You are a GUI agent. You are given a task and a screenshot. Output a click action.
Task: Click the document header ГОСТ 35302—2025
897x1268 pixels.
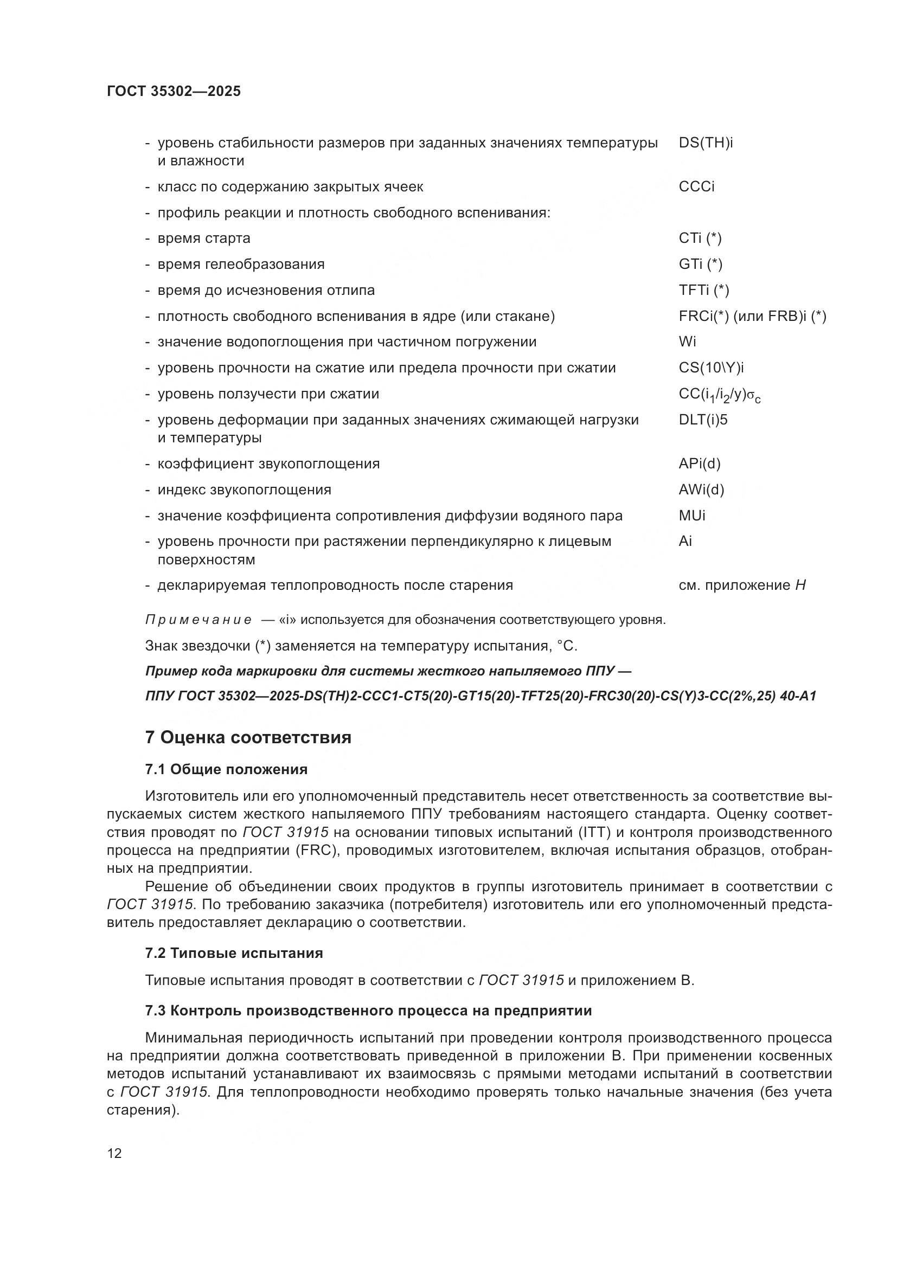pyautogui.click(x=174, y=91)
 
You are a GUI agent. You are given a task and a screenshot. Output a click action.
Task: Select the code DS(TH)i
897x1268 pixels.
pyautogui.click(x=706, y=143)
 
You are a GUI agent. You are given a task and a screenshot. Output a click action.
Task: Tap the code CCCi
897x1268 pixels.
pyautogui.click(x=696, y=186)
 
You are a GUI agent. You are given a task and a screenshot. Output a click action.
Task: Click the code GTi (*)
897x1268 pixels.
pyautogui.click(x=700, y=264)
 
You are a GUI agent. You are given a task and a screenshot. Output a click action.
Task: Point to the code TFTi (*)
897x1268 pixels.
pyautogui.click(x=704, y=290)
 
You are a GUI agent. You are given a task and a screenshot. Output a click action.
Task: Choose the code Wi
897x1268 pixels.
pyautogui.click(x=687, y=342)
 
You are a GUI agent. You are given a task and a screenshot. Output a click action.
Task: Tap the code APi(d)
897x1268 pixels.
pyautogui.click(x=699, y=464)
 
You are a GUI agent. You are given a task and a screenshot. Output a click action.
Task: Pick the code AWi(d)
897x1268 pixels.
pyautogui.click(x=701, y=490)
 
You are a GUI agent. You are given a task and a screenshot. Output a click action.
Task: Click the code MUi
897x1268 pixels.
pyautogui.click(x=691, y=515)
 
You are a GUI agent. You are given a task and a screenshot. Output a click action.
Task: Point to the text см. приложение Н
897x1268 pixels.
pyautogui.click(x=742, y=585)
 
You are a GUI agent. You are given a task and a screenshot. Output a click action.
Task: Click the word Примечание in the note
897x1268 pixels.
pyautogui.click(x=198, y=620)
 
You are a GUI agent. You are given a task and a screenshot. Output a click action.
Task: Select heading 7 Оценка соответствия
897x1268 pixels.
pyautogui.click(x=248, y=738)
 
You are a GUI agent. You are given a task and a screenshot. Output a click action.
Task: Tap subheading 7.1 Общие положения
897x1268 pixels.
pyautogui.click(x=226, y=769)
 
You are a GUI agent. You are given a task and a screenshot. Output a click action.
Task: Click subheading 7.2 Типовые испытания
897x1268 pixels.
pyautogui.click(x=234, y=952)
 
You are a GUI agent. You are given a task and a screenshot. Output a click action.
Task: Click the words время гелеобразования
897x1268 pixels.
pyautogui.click(x=241, y=264)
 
